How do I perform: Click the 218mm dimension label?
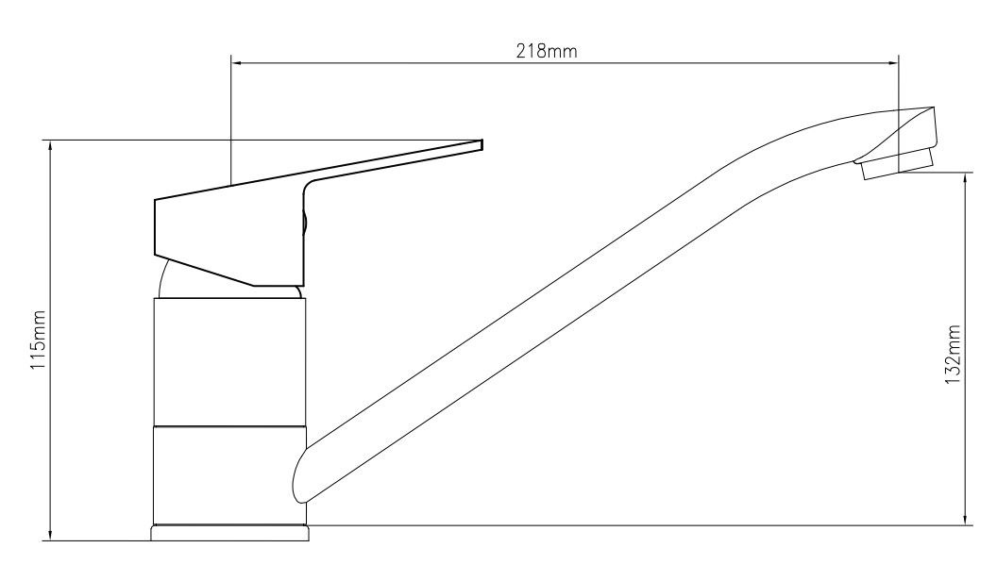(547, 52)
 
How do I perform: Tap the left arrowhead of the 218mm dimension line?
(237, 63)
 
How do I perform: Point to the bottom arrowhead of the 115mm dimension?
(50, 535)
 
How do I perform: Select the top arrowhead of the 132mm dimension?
(966, 178)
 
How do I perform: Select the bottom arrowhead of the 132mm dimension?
(966, 519)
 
